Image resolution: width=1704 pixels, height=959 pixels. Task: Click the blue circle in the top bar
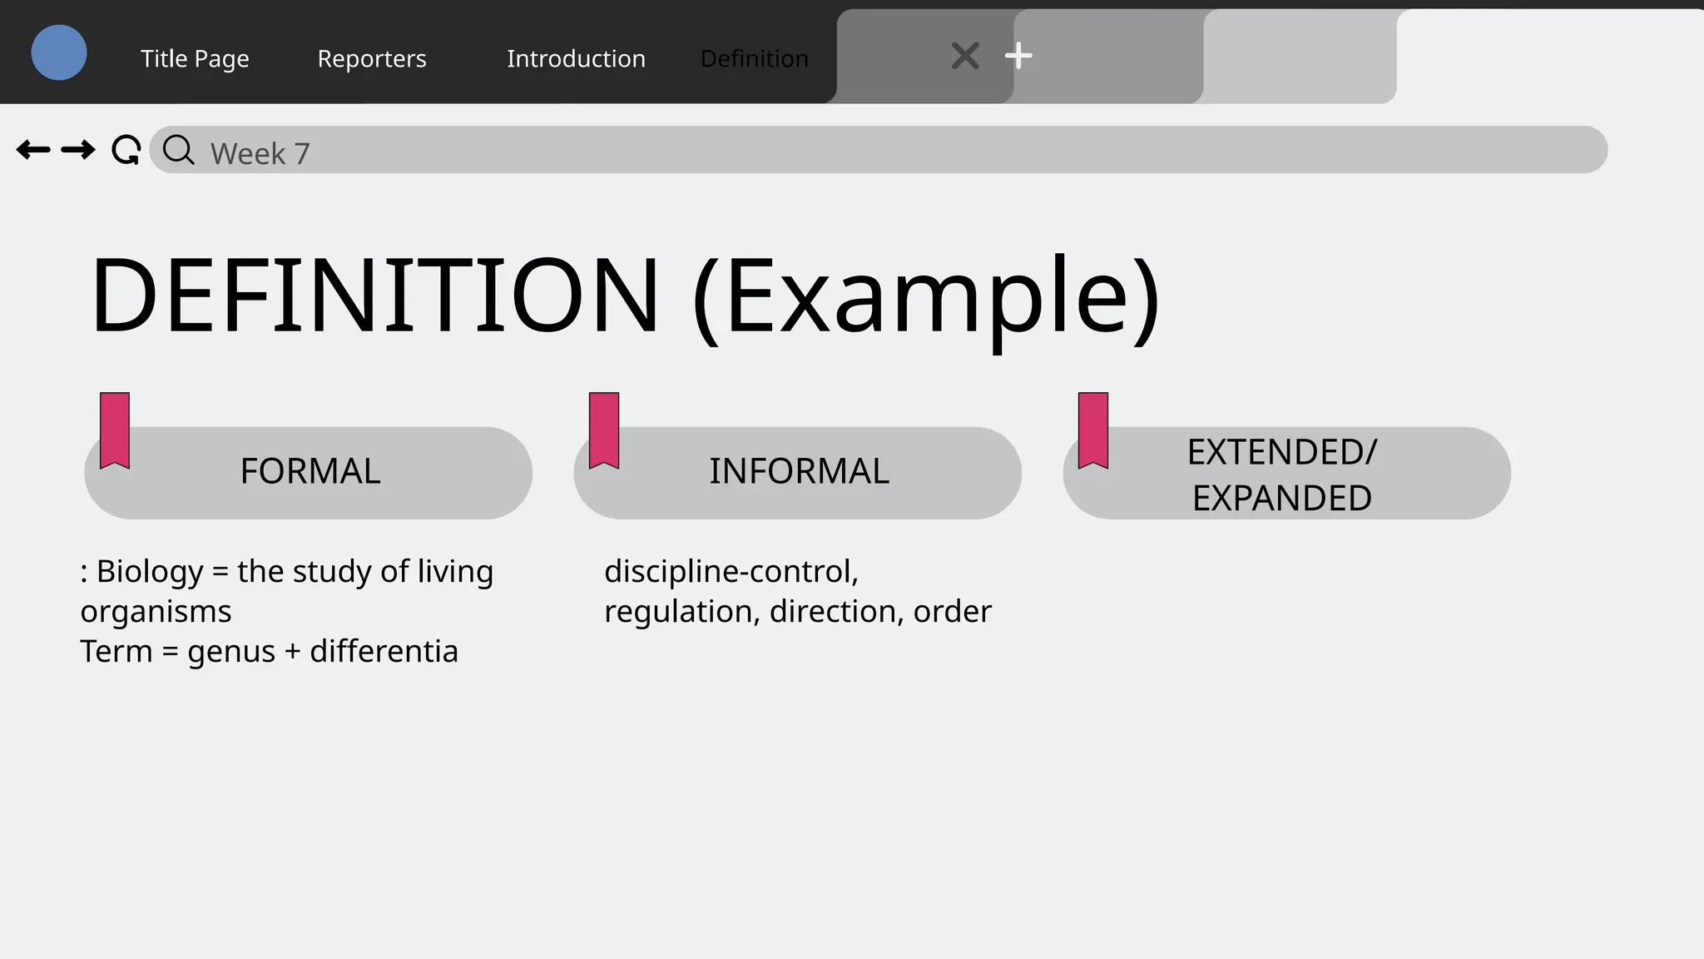click(x=59, y=52)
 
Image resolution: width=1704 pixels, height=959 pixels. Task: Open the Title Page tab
click(x=195, y=58)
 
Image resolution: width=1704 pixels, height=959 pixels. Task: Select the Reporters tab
click(x=372, y=58)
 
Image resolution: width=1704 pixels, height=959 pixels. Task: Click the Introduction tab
click(x=576, y=58)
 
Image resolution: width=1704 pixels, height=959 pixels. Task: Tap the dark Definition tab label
click(x=754, y=58)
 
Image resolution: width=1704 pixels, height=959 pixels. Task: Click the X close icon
click(x=965, y=56)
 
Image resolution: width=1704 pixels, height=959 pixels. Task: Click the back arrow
click(x=33, y=150)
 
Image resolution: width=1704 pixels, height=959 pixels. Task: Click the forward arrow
click(x=78, y=150)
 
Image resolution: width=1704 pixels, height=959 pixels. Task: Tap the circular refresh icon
click(x=126, y=150)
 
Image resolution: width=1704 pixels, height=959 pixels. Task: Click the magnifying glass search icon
click(x=178, y=151)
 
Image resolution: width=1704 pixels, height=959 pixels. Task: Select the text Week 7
click(x=260, y=154)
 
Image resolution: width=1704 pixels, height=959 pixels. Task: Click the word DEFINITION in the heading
click(x=374, y=296)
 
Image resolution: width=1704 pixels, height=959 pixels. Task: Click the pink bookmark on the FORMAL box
click(x=115, y=430)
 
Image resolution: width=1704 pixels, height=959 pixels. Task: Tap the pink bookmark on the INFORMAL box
click(x=604, y=430)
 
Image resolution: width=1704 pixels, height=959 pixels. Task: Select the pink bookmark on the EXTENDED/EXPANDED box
click(x=1093, y=430)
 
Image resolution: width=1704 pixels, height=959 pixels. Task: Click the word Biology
click(x=150, y=572)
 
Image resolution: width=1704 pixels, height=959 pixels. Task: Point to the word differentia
click(x=384, y=652)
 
